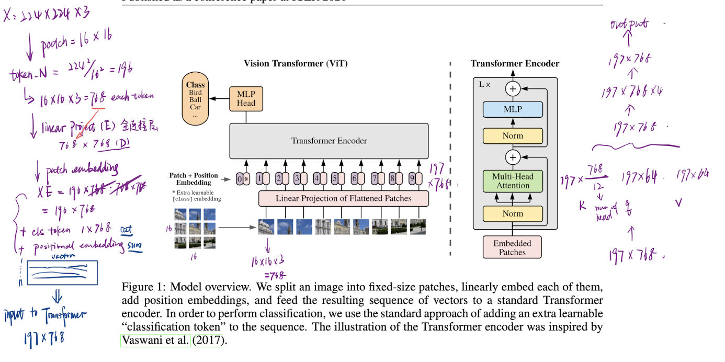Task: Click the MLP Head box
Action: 246,99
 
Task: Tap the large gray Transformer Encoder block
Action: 329,141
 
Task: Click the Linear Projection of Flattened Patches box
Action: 343,199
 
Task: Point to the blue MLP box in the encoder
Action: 513,110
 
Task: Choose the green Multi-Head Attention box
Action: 513,181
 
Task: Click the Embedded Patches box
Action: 512,247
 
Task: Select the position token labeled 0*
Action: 243,179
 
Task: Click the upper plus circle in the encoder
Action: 513,89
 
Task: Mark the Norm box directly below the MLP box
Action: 513,136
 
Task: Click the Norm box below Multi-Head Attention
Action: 513,213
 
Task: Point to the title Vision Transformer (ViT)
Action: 296,63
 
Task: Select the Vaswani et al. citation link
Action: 155,341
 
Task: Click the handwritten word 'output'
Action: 628,25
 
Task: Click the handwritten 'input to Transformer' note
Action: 44,315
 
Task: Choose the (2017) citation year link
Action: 209,341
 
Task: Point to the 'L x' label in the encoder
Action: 485,84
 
